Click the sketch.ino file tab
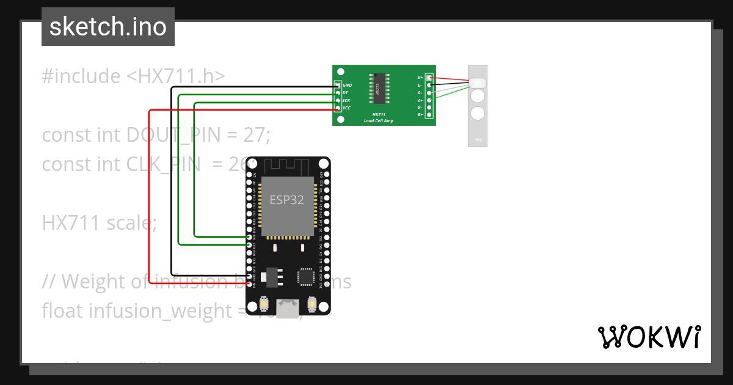pos(108,27)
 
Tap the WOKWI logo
pos(649,337)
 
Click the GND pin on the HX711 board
pos(338,86)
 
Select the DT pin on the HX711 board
pos(338,93)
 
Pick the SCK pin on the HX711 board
pos(338,100)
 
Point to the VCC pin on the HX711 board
pos(338,108)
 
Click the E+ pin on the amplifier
pos(429,78)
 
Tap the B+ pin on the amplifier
pos(429,114)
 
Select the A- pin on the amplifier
pos(429,92)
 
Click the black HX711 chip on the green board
pos(377,89)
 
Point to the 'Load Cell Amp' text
pos(379,120)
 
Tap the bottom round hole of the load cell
pos(478,113)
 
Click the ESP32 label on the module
pos(287,200)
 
